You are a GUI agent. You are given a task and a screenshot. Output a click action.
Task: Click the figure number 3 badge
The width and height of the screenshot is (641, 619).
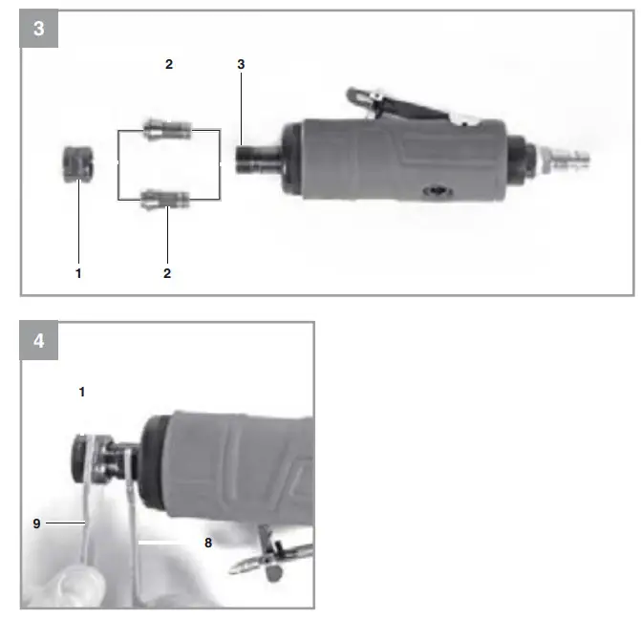pyautogui.click(x=38, y=29)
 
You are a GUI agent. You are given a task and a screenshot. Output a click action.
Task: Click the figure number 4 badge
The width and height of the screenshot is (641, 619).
pyautogui.click(x=38, y=341)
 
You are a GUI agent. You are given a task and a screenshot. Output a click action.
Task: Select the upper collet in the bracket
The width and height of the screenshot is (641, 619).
pyautogui.click(x=166, y=128)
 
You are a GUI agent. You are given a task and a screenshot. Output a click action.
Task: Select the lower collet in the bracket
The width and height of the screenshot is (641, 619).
pyautogui.click(x=166, y=199)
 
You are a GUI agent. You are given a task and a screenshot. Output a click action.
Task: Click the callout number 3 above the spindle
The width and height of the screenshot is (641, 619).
pyautogui.click(x=242, y=64)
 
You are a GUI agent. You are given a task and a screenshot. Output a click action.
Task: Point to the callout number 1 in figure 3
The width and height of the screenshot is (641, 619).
pyautogui.click(x=78, y=273)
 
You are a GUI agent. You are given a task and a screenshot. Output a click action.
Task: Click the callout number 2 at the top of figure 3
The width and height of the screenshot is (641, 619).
pyautogui.click(x=168, y=64)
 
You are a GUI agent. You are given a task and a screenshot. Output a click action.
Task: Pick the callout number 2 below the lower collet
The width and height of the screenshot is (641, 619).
pyautogui.click(x=167, y=273)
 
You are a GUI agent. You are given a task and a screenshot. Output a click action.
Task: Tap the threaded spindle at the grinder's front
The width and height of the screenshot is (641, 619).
pyautogui.click(x=254, y=155)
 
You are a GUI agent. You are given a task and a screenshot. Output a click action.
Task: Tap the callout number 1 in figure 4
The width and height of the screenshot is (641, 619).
pyautogui.click(x=82, y=392)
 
